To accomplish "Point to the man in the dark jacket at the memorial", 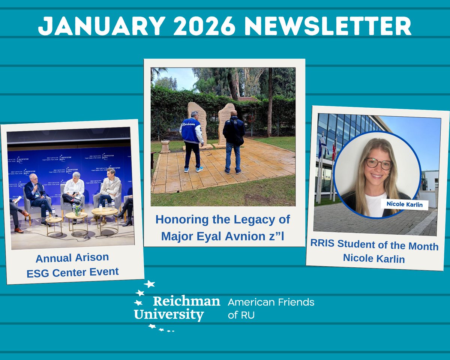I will [233, 141].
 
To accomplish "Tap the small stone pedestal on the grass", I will [165, 146].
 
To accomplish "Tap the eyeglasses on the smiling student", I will [379, 163].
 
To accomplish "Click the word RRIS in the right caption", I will [323, 243].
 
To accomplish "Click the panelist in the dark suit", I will [36, 195].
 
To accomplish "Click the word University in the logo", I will [169, 314].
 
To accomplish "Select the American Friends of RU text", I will [271, 308].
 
